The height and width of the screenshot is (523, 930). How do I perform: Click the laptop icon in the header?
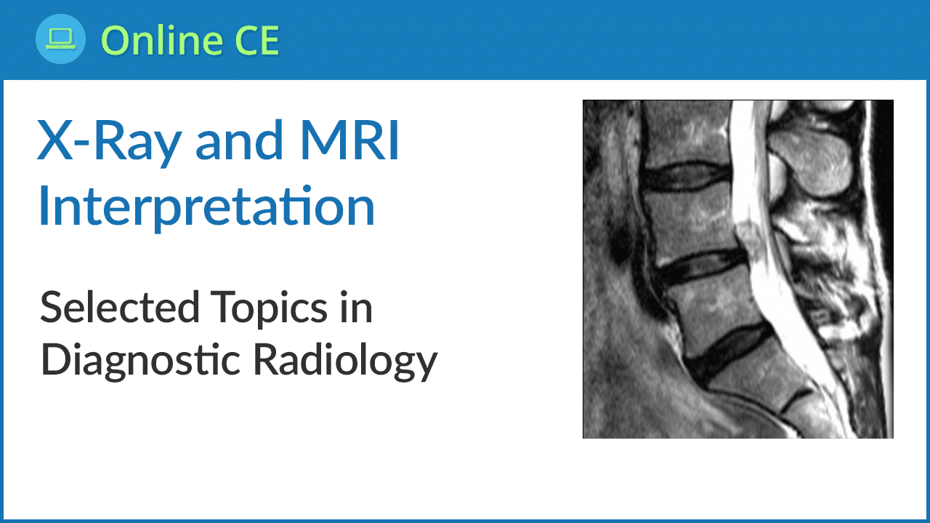pos(60,39)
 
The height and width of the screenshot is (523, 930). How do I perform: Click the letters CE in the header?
pos(257,40)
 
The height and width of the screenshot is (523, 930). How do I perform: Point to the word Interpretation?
pos(207,207)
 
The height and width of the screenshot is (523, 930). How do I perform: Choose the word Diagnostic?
pos(141,361)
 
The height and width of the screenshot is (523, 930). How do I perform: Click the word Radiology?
pos(345,361)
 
